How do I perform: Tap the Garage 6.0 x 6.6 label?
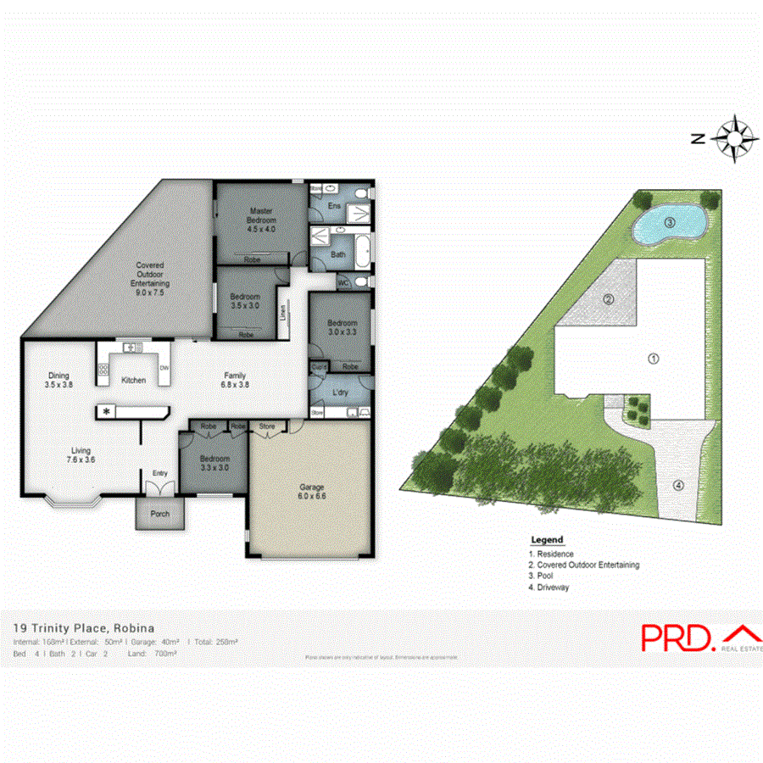point(312,492)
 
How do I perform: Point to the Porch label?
point(159,515)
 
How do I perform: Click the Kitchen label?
point(133,381)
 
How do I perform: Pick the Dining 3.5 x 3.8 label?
point(58,380)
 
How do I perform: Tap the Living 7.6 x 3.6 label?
point(81,455)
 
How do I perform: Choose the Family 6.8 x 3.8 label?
point(235,380)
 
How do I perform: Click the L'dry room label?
point(342,393)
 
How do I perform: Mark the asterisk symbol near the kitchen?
point(107,412)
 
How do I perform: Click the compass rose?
point(734,138)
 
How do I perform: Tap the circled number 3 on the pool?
point(669,224)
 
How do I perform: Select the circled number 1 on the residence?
point(654,359)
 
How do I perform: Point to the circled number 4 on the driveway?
point(678,486)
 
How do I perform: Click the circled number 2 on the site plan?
point(608,298)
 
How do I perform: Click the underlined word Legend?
point(546,540)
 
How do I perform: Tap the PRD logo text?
point(677,639)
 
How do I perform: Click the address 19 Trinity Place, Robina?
point(84,629)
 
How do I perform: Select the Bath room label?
point(337,254)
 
